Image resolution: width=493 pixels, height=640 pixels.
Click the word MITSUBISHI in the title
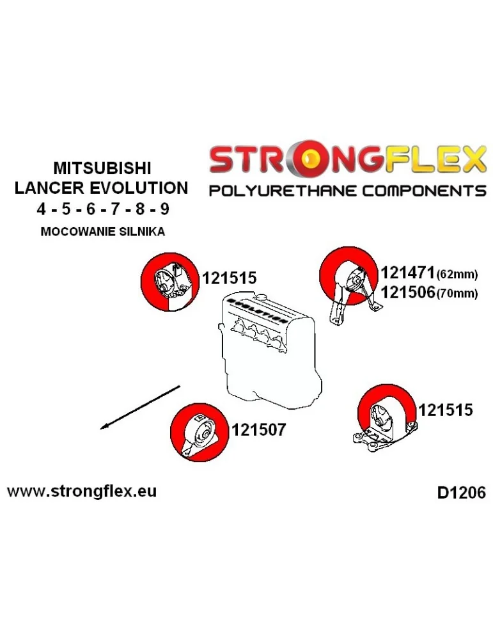102,168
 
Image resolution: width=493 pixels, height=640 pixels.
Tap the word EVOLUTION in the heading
139,188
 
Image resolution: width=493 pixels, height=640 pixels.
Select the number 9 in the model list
164,209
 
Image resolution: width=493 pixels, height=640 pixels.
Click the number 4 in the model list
41,209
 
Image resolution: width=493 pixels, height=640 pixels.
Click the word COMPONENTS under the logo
424,191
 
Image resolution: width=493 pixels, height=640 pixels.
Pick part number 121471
407,273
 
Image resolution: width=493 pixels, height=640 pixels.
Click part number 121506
407,292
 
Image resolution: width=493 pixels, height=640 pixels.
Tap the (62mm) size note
457,275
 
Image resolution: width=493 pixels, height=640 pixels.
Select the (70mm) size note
457,294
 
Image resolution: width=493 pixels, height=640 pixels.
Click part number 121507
258,429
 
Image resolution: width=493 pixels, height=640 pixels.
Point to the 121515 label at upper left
230,278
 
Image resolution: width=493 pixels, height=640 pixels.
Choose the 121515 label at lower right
445,410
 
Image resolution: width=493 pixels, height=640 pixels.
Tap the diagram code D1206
461,493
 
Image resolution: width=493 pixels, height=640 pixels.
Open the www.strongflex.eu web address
82,491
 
